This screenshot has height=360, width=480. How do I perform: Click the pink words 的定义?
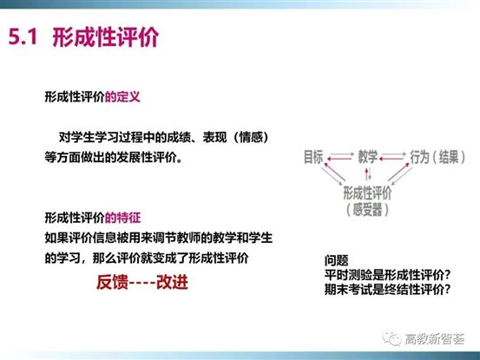point(123,98)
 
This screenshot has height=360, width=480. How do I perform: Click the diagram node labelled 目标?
point(313,156)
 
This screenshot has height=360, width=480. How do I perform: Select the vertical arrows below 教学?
point(367,173)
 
